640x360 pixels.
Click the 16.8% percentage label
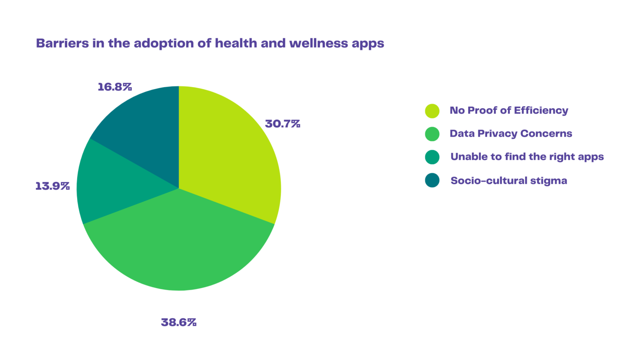coord(115,87)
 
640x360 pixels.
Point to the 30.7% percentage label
coord(282,124)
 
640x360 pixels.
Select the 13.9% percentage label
coord(52,186)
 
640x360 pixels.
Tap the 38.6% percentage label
coord(178,322)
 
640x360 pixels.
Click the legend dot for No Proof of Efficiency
coord(432,111)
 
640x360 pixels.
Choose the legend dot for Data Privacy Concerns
coord(432,134)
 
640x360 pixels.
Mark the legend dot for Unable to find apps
coord(432,157)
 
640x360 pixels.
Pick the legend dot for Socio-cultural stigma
coord(432,180)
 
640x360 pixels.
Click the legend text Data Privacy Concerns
coord(511,134)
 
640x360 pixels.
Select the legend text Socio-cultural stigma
coord(509,181)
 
